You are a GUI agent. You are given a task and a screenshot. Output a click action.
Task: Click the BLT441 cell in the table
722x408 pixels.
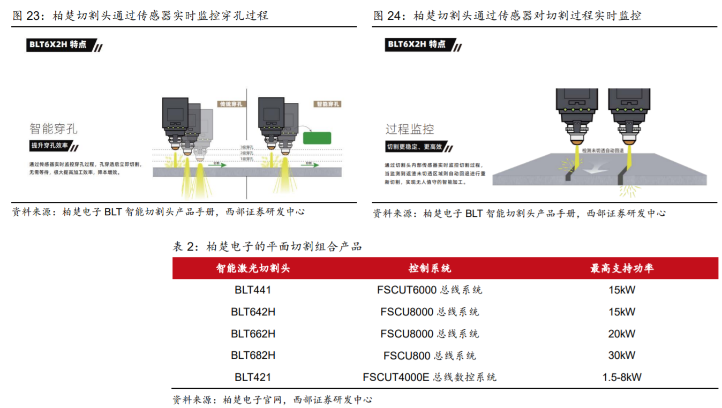click(253, 290)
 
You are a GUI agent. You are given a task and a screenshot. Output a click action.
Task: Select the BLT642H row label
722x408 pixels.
click(253, 312)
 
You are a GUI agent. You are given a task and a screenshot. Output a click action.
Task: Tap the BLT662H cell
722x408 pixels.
click(253, 334)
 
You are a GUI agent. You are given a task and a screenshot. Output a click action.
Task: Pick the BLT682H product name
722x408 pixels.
click(253, 355)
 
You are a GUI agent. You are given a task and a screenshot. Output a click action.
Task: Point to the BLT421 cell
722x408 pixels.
click(253, 377)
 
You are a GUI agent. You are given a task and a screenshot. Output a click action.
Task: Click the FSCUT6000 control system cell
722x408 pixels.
click(430, 290)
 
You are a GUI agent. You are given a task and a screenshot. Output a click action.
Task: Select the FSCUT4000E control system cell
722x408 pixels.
click(430, 377)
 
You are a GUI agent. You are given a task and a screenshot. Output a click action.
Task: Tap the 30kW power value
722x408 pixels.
click(621, 355)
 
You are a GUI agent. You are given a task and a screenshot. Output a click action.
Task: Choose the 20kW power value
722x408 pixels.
click(621, 334)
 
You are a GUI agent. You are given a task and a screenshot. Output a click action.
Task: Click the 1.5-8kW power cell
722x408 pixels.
click(621, 377)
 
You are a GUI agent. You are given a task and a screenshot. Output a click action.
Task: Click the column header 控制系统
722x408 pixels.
click(430, 268)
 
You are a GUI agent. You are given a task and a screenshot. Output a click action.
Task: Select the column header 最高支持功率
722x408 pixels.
click(621, 268)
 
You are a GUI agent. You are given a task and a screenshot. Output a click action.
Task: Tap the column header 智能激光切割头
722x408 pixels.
click(253, 268)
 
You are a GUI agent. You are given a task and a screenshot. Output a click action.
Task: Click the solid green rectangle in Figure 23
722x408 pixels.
click(317, 138)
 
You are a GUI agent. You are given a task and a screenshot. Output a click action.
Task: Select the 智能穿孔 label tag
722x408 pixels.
click(327, 104)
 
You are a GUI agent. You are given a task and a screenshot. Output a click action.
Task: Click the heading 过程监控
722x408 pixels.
click(410, 129)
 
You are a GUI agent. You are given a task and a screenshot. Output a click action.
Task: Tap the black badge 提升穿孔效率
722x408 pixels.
click(52, 146)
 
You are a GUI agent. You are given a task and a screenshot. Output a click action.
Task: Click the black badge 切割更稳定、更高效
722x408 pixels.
click(415, 147)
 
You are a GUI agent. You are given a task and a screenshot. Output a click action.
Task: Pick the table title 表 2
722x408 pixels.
click(267, 247)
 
